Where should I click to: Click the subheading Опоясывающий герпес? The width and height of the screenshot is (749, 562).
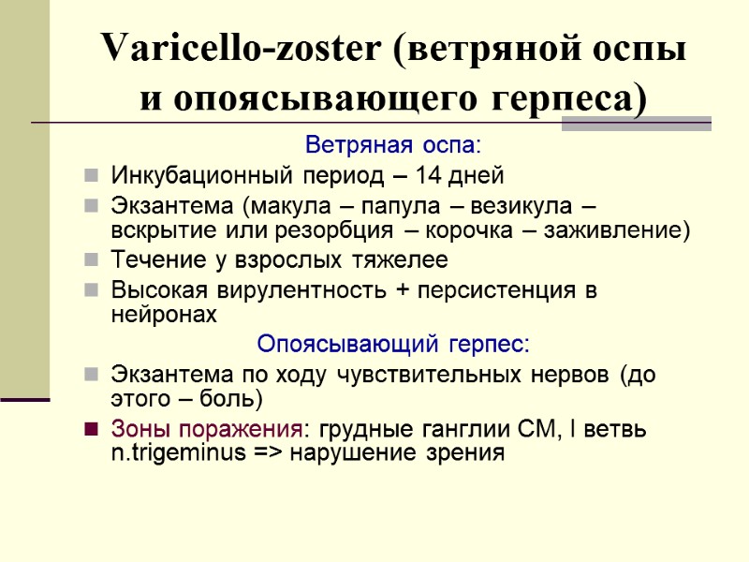coord(392,344)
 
